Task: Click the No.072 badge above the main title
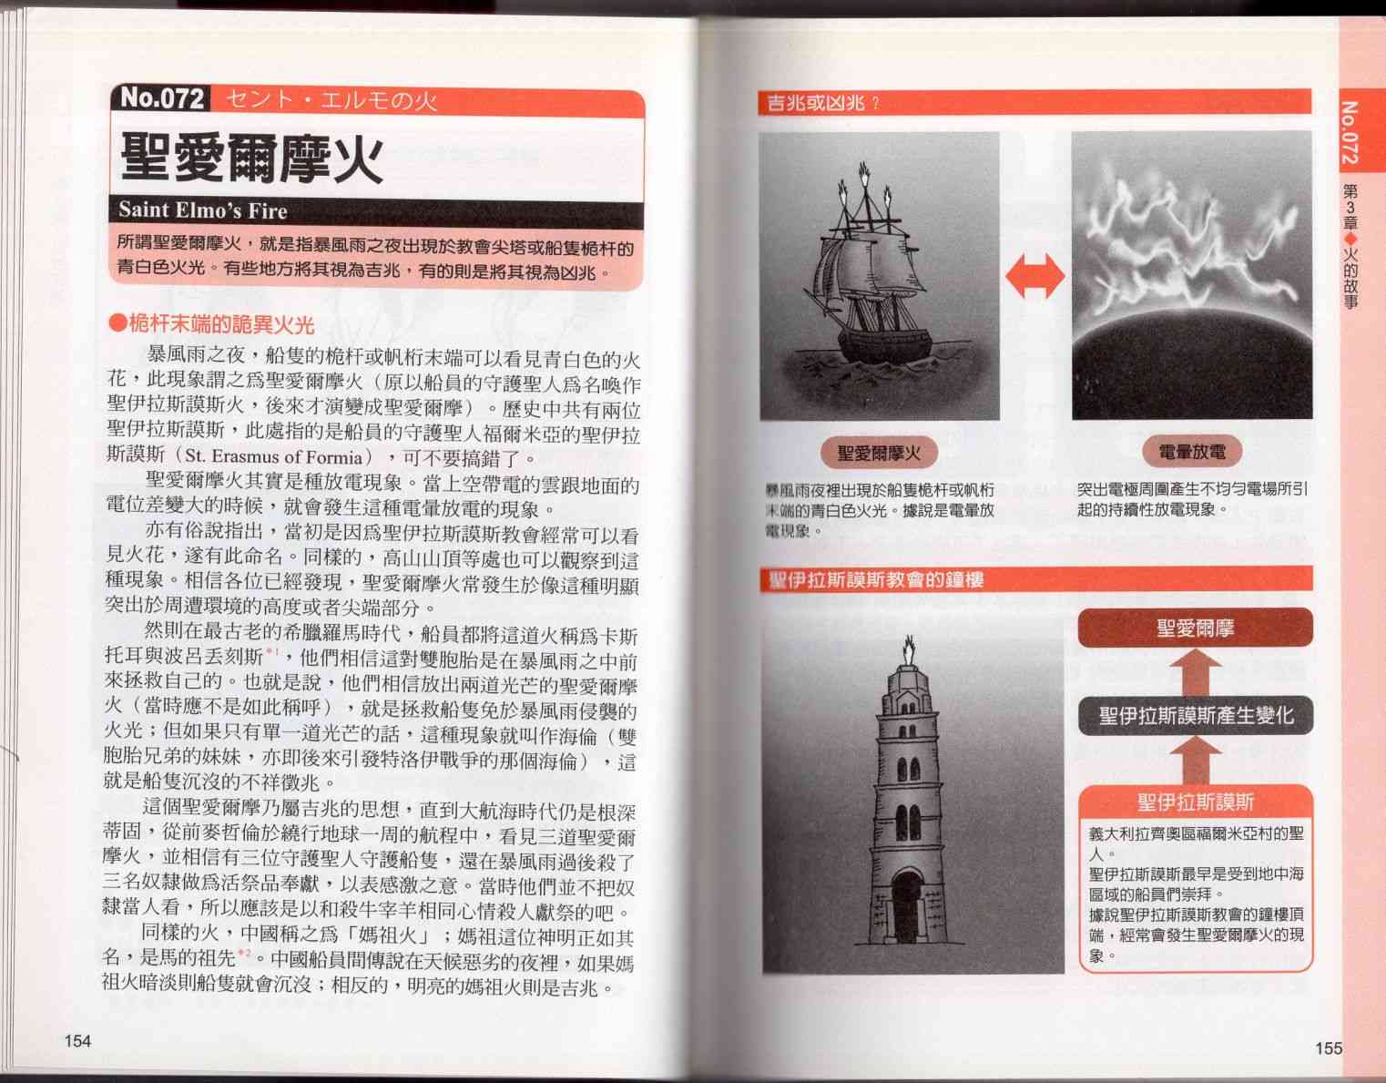[x=161, y=99]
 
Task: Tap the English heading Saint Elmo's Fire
[x=203, y=210]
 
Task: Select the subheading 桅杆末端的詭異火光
[x=212, y=324]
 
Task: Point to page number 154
[x=77, y=1041]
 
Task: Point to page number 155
[x=1328, y=1047]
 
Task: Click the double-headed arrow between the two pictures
[x=1034, y=276]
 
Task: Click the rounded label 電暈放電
[x=1191, y=452]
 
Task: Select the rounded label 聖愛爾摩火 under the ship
[x=879, y=453]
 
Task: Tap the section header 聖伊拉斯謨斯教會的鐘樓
[x=876, y=580]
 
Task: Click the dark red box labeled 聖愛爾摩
[x=1195, y=628]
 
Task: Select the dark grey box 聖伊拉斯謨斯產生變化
[x=1196, y=716]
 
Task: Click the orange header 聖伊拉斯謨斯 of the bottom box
[x=1196, y=802]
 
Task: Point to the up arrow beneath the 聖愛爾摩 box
[x=1196, y=672]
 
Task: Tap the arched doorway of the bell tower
[x=906, y=906]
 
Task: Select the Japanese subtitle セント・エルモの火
[x=331, y=101]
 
